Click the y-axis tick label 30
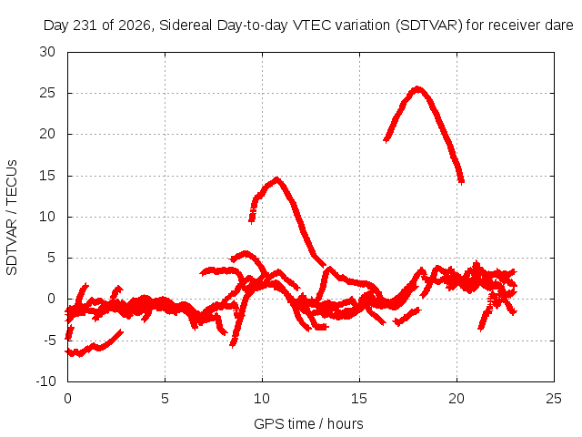coord(47,52)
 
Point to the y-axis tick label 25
coord(47,93)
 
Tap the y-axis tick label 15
coord(47,176)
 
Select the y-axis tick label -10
coord(45,381)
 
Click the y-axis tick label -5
coord(47,340)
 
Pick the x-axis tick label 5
coord(165,399)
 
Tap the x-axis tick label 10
coord(262,399)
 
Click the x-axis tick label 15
coord(359,399)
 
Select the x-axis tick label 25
coord(554,399)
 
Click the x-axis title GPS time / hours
coord(308,424)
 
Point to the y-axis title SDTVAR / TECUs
coord(12,218)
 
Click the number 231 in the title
coord(86,25)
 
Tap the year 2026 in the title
coord(135,25)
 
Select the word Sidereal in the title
coord(186,25)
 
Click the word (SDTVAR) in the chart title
coord(428,25)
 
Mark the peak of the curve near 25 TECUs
coord(418,89)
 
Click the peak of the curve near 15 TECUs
coord(276,179)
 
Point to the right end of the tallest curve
coord(461,182)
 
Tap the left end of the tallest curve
coord(386,140)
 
